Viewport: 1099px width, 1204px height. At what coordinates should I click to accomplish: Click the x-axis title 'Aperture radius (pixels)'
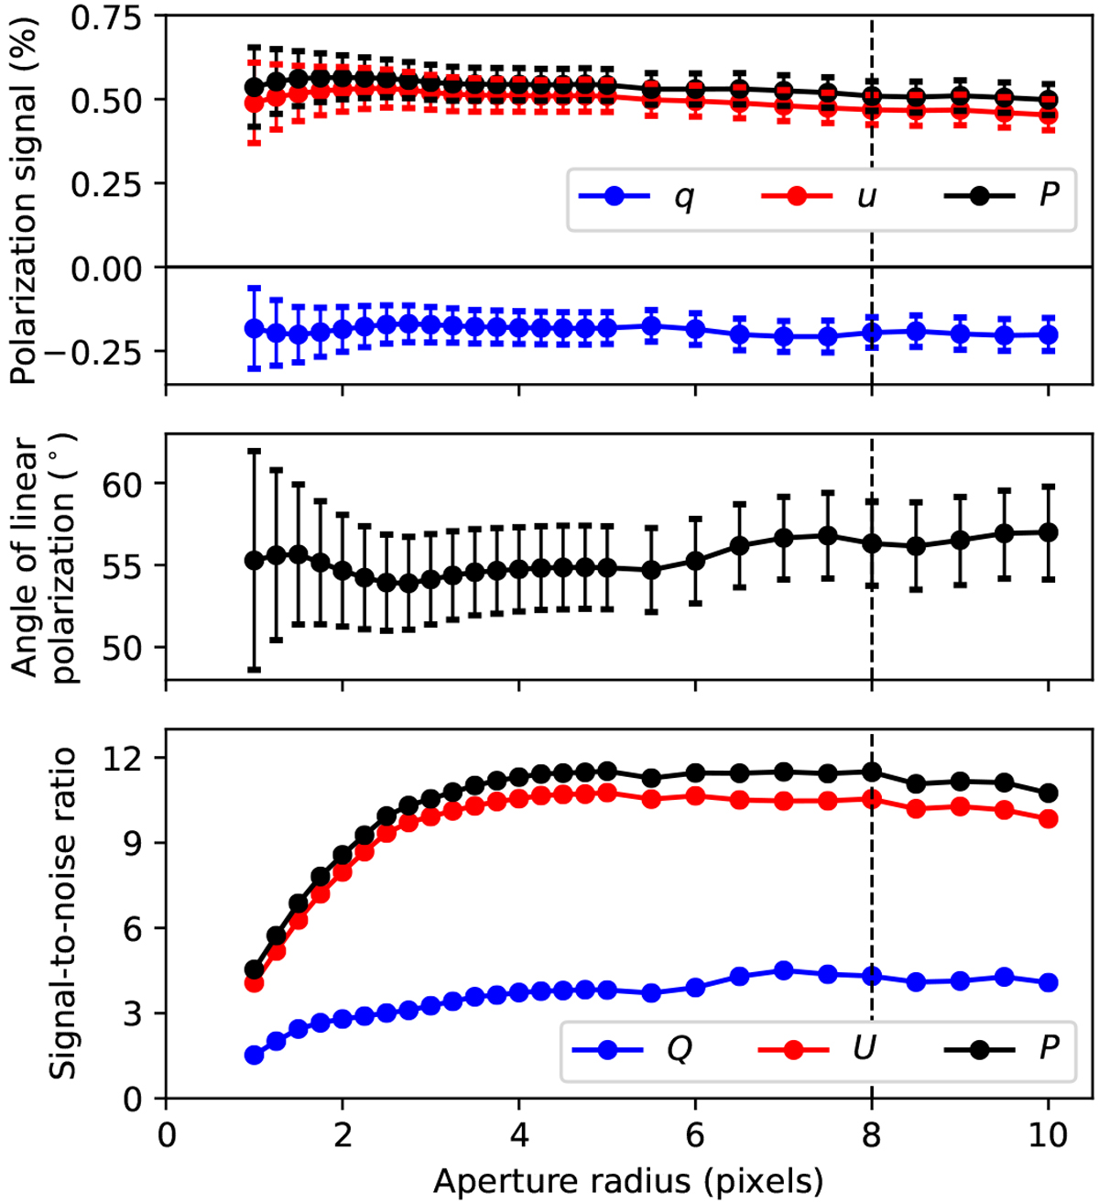click(628, 1181)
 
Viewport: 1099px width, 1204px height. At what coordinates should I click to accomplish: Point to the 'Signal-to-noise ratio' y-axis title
click(62, 913)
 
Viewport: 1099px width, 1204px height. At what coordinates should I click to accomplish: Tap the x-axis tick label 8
click(871, 1136)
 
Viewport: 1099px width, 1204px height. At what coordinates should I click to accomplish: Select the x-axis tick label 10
click(1048, 1136)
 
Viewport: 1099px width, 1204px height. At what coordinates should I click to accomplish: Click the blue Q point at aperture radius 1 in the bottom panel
click(255, 1056)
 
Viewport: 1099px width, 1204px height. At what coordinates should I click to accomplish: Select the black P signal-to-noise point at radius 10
click(1049, 793)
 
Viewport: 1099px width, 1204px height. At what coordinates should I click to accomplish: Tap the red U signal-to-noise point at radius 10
click(1049, 819)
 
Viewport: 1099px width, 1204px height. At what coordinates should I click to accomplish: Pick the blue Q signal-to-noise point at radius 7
click(784, 970)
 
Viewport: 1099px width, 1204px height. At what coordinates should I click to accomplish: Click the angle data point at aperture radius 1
click(255, 560)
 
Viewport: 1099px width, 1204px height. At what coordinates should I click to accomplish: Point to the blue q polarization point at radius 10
click(1049, 334)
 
